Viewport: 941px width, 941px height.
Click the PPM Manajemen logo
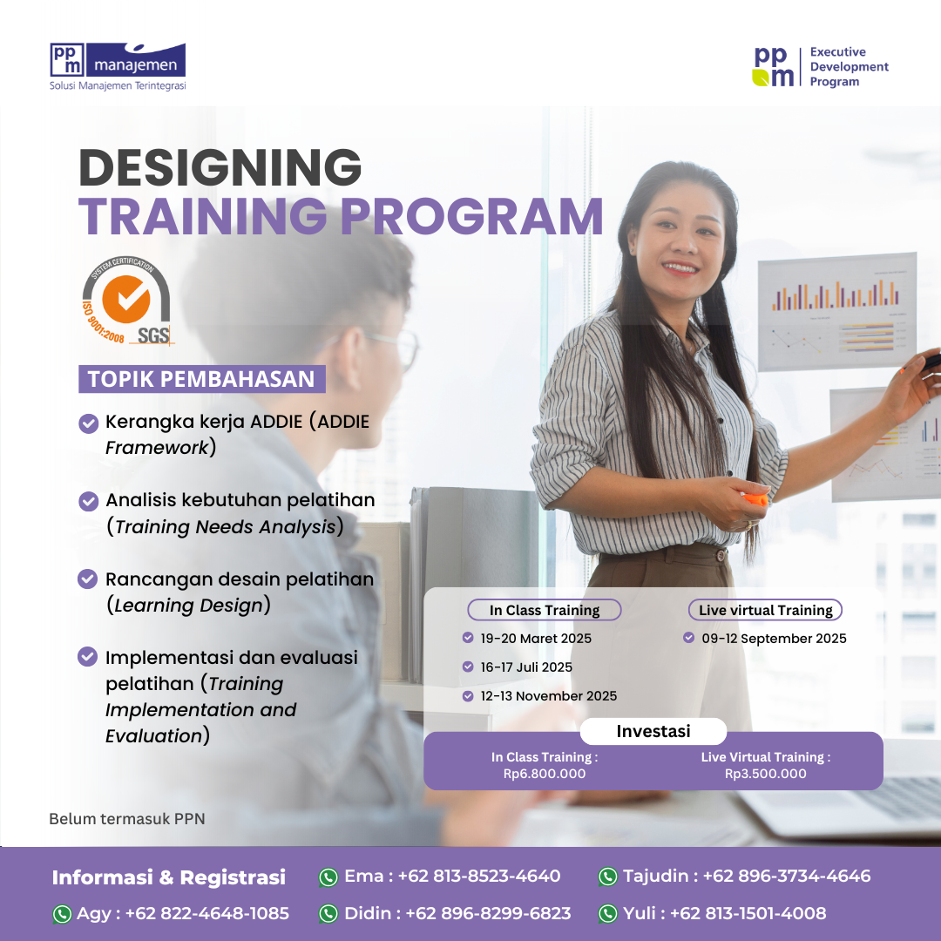(x=118, y=65)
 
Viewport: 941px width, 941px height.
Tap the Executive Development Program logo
(x=821, y=67)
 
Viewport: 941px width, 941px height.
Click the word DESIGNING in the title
(x=220, y=167)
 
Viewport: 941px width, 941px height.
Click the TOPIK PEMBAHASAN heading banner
(x=201, y=379)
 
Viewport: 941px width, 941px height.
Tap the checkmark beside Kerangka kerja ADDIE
(x=88, y=423)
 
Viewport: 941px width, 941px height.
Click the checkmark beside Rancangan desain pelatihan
(x=88, y=579)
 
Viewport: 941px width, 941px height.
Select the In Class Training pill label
(x=545, y=610)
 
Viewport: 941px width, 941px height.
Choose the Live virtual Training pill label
(x=766, y=610)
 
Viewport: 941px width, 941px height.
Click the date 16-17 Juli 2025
(x=526, y=667)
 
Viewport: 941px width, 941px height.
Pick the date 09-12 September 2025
(x=774, y=639)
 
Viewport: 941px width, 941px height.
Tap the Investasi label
(x=653, y=731)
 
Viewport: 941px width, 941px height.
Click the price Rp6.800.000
(x=545, y=774)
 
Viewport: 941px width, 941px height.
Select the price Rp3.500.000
(x=766, y=774)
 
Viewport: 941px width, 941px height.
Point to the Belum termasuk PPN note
(x=127, y=818)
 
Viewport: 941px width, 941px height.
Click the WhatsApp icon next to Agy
(x=62, y=914)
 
